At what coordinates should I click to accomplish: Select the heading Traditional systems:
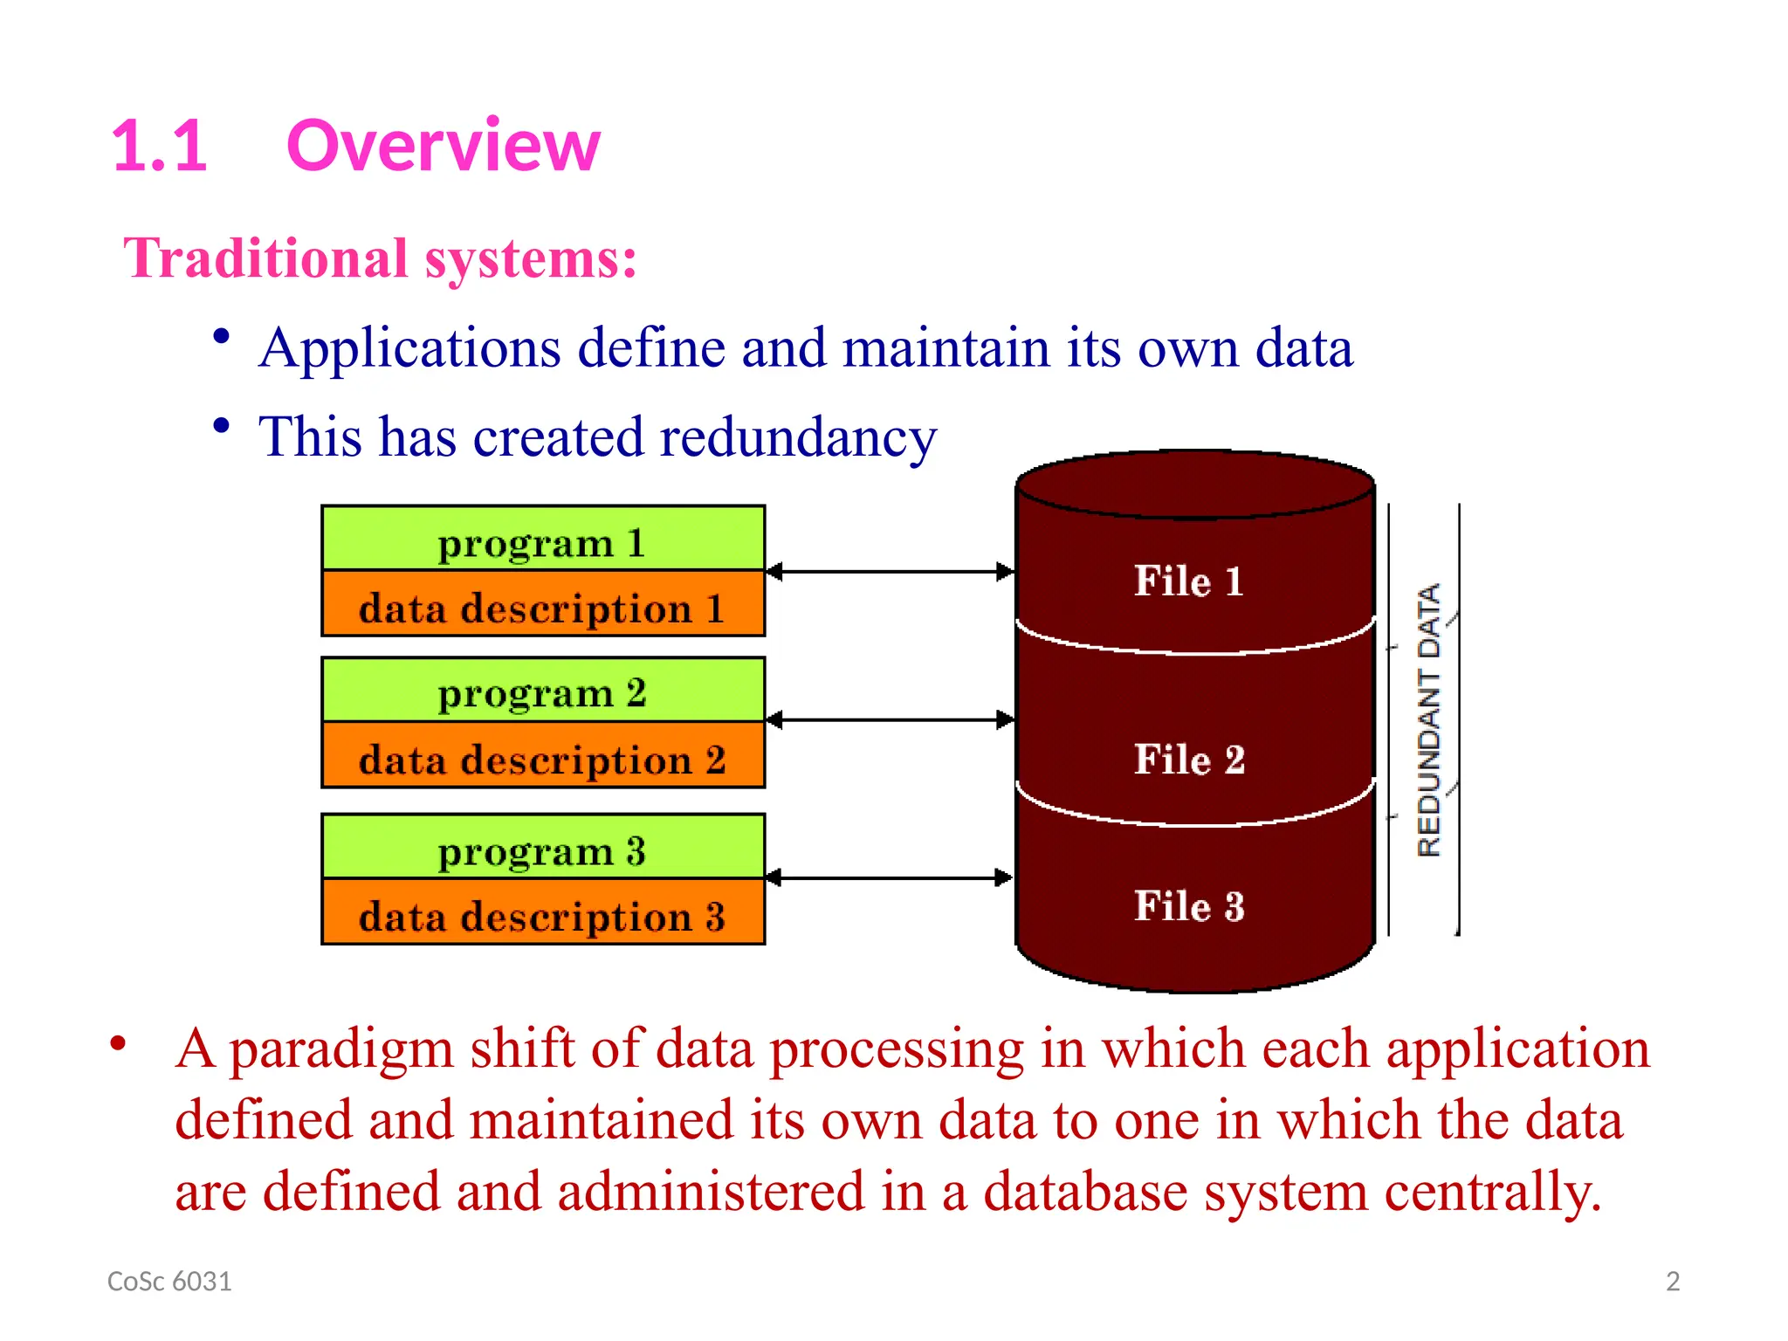coord(380,258)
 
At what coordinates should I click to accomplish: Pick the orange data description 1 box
coord(542,605)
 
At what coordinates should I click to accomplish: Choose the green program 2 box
coord(542,691)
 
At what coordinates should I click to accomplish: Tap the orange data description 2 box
coord(542,757)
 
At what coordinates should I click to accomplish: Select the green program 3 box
coord(542,848)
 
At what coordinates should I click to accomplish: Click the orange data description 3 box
coord(542,913)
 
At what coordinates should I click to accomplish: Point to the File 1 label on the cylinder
coord(1189,581)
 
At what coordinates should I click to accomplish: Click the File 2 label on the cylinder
coord(1189,759)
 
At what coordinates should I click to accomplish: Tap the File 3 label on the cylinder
coord(1189,905)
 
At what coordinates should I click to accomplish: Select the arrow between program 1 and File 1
coord(890,572)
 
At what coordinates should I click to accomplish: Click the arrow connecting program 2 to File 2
coord(890,720)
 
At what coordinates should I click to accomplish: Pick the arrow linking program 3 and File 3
coord(890,877)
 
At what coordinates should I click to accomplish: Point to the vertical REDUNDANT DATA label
coord(1428,720)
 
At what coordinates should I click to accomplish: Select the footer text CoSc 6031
coord(169,1282)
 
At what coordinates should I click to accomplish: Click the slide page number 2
coord(1672,1282)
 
